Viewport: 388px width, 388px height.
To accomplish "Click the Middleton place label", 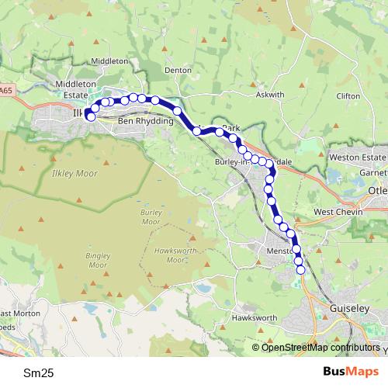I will click(109, 61).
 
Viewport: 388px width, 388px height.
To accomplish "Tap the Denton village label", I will click(178, 69).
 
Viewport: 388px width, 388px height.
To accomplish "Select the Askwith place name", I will click(270, 95).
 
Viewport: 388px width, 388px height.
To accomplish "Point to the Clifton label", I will click(348, 95).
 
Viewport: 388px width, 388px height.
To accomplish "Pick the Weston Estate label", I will click(357, 158).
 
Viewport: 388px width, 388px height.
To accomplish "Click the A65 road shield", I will click(6, 91).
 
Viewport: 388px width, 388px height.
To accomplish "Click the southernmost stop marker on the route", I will click(301, 269).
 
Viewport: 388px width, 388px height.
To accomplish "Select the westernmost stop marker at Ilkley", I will click(91, 116).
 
